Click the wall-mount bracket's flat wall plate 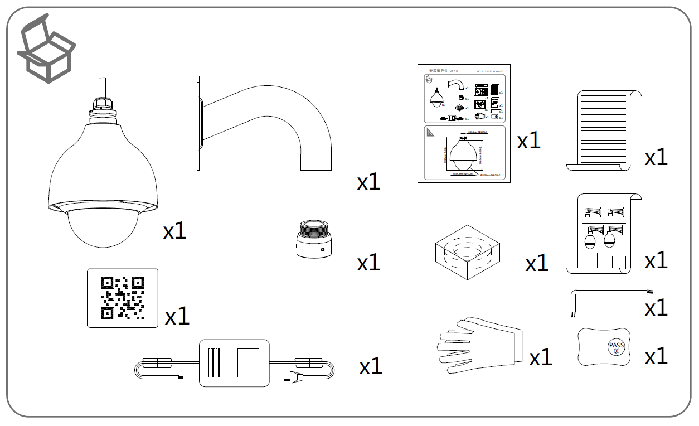click(x=198, y=123)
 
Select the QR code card click(x=123, y=298)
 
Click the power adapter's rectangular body click(x=234, y=363)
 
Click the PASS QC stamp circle click(x=617, y=347)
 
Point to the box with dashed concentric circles click(x=466, y=253)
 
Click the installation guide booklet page click(x=464, y=123)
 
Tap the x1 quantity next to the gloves click(x=540, y=357)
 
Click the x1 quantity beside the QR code click(x=177, y=317)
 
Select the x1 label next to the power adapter click(x=371, y=366)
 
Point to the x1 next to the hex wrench click(x=656, y=308)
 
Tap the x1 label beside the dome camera click(x=174, y=230)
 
